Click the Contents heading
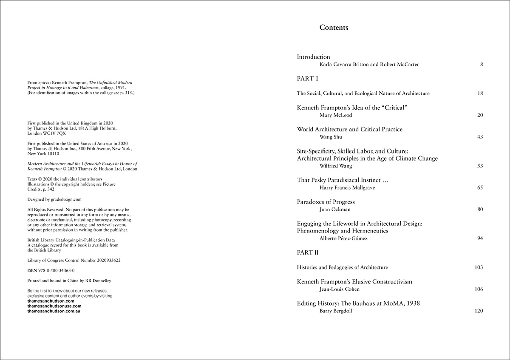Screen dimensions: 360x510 334,28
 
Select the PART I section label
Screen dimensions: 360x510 307,79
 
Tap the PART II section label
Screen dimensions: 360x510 308,253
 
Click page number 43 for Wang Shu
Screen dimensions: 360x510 480,137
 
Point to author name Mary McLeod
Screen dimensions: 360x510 336,115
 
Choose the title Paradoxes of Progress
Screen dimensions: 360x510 326,202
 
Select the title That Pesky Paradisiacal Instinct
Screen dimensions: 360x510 343,180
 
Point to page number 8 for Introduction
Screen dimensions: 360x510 481,65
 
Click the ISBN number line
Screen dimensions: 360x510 48,270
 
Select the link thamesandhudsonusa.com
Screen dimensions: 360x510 54,306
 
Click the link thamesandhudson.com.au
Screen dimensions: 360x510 54,311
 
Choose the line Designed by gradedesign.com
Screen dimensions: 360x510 54,199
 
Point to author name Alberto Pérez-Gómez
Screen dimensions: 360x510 343,238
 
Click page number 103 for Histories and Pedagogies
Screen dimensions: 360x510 478,268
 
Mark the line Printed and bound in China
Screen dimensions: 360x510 69,281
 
